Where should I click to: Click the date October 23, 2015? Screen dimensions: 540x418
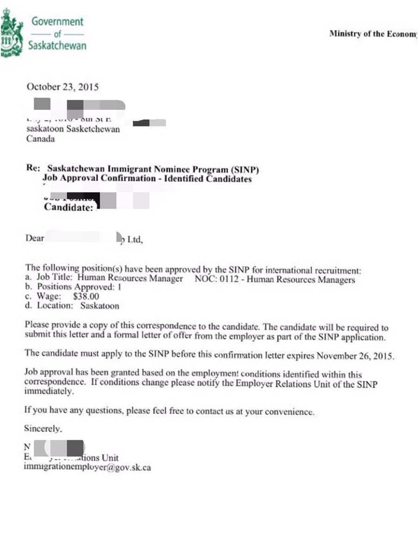pyautogui.click(x=62, y=87)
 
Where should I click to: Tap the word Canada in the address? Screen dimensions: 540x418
pyautogui.click(x=41, y=139)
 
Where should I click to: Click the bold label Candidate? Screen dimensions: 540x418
pyautogui.click(x=69, y=208)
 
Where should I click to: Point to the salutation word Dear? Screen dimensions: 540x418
pyautogui.click(x=35, y=239)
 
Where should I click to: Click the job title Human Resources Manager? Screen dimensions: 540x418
pyautogui.click(x=130, y=279)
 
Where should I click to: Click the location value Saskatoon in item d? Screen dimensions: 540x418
pyautogui.click(x=99, y=306)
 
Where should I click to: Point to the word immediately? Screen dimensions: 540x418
pyautogui.click(x=49, y=391)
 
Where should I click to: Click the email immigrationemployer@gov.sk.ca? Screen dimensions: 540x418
pyautogui.click(x=87, y=467)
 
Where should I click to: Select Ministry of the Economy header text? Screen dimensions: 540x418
pyautogui.click(x=373, y=34)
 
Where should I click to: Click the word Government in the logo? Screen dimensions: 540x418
pyautogui.click(x=57, y=21)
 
